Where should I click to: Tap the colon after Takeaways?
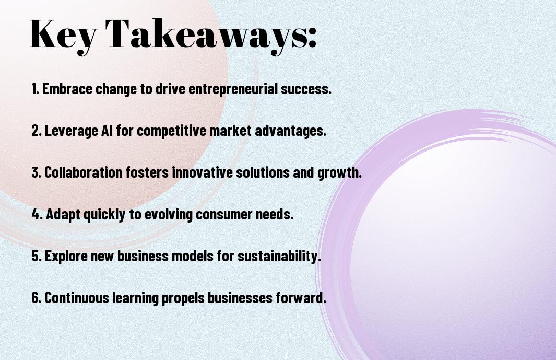[312, 37]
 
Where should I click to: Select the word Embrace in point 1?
[67, 89]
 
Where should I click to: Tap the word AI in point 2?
[107, 130]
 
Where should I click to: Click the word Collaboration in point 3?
[84, 172]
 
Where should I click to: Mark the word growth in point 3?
[339, 173]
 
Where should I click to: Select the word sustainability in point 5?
[279, 256]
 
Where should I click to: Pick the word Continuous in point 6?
[77, 297]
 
